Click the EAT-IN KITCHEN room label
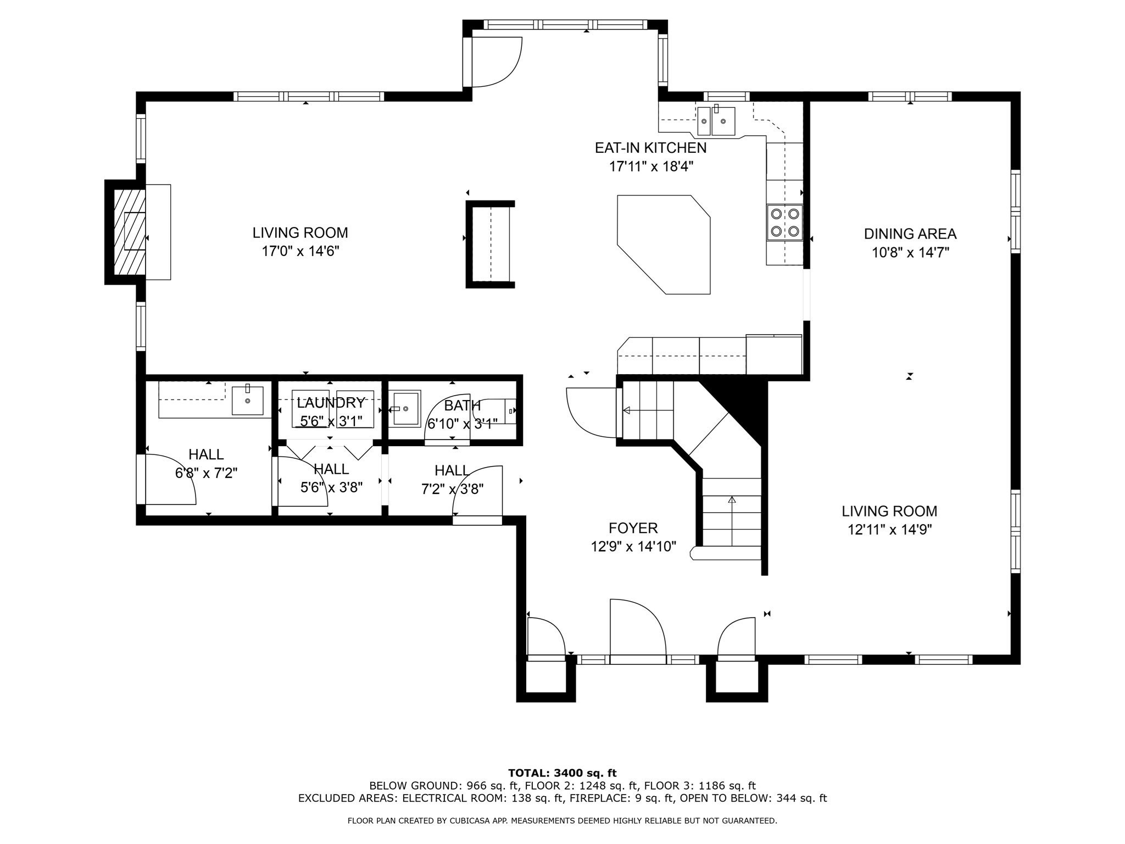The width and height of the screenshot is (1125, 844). (x=650, y=148)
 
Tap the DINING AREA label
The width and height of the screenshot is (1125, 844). (x=910, y=234)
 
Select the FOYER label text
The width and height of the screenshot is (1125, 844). (x=633, y=528)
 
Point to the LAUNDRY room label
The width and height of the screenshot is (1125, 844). (x=331, y=403)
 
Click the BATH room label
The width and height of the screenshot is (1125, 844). (x=462, y=406)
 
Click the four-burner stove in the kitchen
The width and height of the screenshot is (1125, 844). (x=785, y=222)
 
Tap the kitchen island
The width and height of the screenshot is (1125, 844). (x=664, y=245)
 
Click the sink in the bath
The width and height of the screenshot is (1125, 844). (x=405, y=408)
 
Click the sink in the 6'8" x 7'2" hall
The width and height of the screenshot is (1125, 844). (x=247, y=400)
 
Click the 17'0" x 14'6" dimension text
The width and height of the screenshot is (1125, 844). (x=300, y=252)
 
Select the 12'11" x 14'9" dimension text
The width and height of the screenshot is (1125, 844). (x=889, y=530)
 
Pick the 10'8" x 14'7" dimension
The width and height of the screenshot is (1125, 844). (x=910, y=253)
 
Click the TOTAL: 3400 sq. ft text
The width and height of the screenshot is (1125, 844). (x=562, y=774)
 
